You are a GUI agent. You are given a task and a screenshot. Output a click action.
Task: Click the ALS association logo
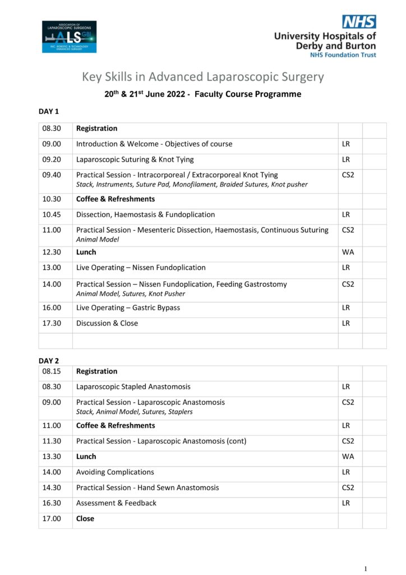69,36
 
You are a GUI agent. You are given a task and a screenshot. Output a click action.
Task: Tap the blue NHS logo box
359,22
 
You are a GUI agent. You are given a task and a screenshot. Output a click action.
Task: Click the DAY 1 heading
49,112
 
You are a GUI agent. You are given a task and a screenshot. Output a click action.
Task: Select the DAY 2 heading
49,360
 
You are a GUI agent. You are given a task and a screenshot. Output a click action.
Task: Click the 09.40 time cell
52,175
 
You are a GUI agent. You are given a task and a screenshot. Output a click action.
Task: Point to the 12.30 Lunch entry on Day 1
86,252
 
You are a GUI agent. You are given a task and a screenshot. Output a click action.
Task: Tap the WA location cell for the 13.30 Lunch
348,457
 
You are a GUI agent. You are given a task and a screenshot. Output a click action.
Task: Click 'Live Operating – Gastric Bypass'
128,308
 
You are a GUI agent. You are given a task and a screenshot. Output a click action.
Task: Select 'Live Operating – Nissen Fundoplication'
141,267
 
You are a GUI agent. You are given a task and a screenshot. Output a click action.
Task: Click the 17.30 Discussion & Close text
107,323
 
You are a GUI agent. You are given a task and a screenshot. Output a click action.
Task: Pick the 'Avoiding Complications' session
115,472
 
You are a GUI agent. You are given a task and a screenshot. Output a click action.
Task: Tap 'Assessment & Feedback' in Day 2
116,503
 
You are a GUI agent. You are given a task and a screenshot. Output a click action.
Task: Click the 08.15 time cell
52,371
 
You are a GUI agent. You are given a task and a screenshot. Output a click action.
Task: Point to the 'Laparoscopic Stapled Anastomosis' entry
133,387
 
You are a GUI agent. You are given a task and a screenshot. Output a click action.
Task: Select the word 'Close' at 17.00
85,519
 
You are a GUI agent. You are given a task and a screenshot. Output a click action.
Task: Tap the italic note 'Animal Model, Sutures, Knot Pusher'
130,294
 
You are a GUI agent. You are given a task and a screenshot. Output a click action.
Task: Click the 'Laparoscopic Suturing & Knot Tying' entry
135,159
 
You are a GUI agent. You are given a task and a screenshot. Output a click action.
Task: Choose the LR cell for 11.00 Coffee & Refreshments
346,426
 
